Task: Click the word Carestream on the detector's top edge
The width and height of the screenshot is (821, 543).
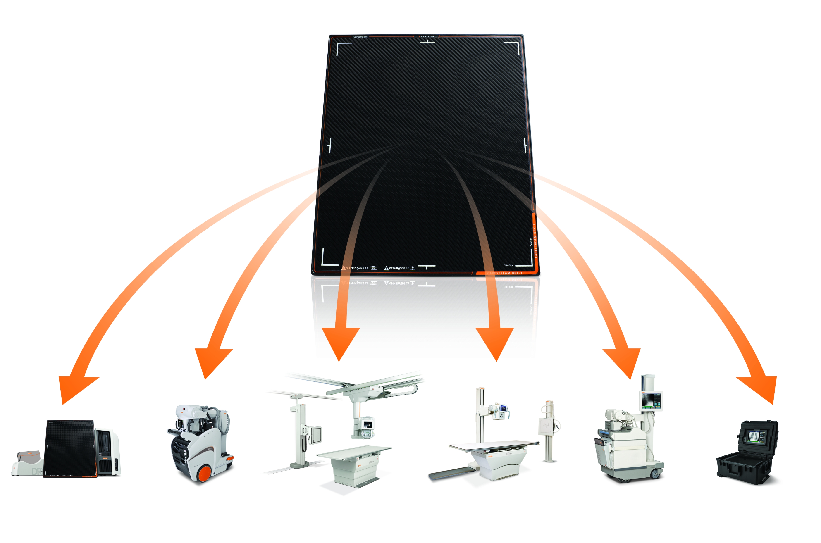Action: pyautogui.click(x=360, y=37)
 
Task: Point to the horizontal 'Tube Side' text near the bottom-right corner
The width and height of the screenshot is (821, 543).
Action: pyautogui.click(x=508, y=265)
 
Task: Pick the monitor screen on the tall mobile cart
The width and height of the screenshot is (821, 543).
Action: pyautogui.click(x=651, y=401)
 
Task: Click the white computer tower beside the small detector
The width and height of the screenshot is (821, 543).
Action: pyautogui.click(x=108, y=452)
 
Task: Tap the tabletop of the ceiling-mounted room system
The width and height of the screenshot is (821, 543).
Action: pyautogui.click(x=353, y=452)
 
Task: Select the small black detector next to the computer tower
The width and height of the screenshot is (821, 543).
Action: pyautogui.click(x=69, y=448)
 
